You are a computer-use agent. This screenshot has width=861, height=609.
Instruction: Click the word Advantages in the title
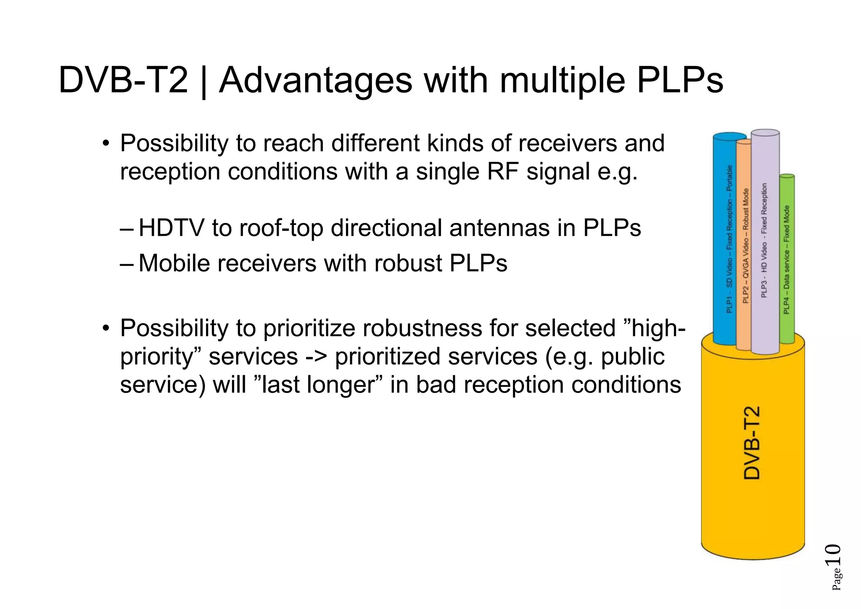(x=316, y=81)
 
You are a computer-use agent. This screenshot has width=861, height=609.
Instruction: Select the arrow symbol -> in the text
(x=316, y=357)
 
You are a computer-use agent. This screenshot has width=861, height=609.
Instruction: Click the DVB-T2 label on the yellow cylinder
(x=752, y=443)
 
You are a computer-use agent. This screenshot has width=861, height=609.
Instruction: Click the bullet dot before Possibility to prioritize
(x=106, y=328)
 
